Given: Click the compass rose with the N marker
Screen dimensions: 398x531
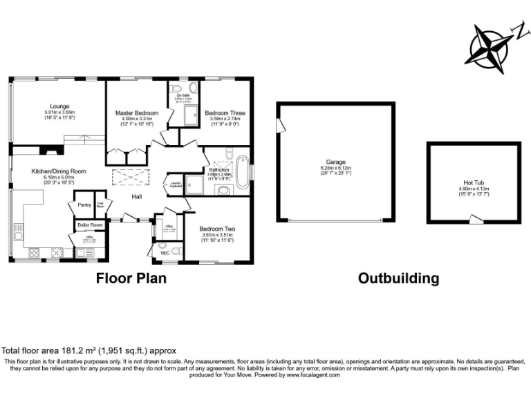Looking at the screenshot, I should [492, 48].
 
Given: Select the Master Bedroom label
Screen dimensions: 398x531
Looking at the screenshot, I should [137, 113].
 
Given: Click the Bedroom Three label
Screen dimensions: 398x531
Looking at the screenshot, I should [225, 113].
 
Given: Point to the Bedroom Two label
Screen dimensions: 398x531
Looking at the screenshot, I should [218, 229].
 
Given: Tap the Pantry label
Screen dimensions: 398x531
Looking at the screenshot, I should [84, 205].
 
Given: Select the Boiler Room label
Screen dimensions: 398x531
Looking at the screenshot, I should [90, 225].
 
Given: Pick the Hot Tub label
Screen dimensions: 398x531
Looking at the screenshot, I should [474, 182].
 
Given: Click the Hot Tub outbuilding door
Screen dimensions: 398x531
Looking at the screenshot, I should [476, 220].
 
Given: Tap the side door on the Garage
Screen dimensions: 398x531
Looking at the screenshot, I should [280, 126].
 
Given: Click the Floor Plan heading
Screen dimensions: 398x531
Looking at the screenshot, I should [131, 278].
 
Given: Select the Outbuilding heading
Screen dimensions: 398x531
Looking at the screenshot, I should [398, 278].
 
